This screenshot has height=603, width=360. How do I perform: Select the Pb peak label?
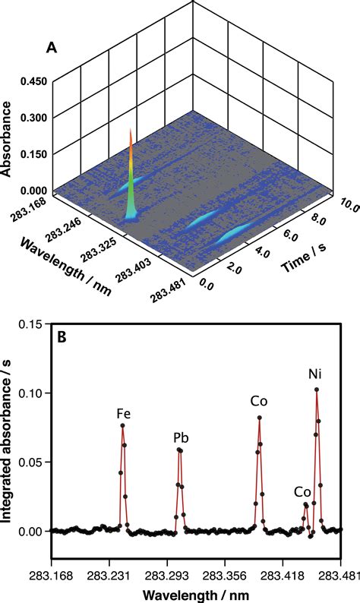click(x=181, y=438)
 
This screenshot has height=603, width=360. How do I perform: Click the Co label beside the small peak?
click(x=303, y=491)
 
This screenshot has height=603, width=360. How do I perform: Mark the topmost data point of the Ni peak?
click(x=316, y=390)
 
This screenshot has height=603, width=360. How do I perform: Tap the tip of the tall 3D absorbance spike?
click(x=131, y=130)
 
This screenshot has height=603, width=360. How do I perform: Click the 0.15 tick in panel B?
click(x=31, y=324)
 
